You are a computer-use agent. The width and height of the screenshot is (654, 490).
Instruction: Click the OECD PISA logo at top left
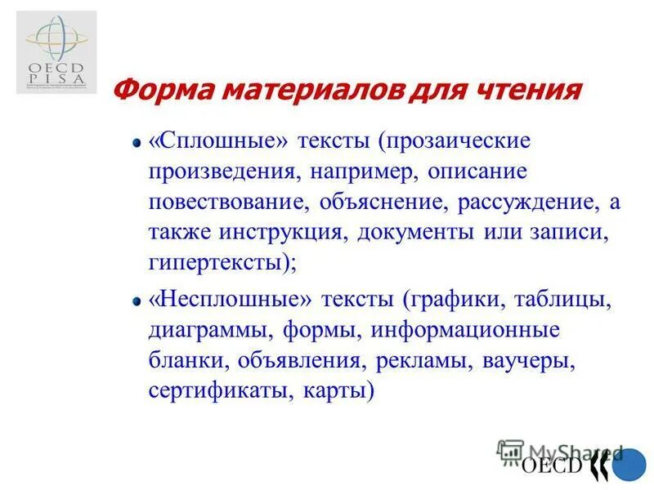point(56,51)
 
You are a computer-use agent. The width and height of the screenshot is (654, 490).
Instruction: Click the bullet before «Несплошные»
point(138,301)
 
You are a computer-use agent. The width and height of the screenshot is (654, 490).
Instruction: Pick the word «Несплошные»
point(232,300)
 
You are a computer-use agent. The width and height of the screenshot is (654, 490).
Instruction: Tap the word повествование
point(222,202)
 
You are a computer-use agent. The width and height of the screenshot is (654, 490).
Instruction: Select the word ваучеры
point(531,360)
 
